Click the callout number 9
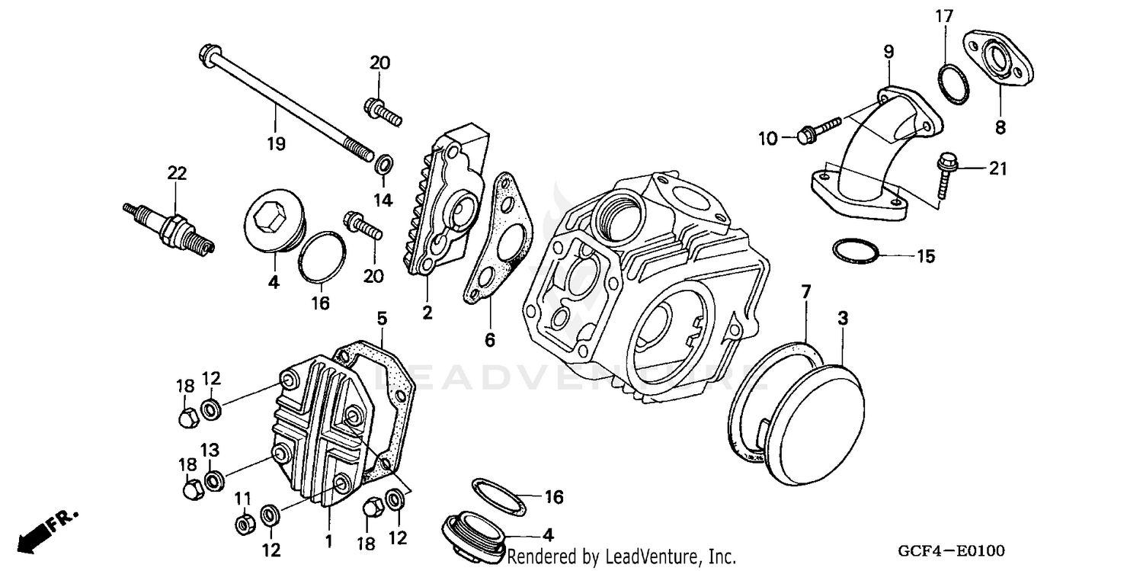point(888,52)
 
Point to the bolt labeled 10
point(815,130)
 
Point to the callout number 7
point(805,290)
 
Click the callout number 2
point(427,312)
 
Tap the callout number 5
point(382,317)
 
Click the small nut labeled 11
point(245,524)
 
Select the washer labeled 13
point(216,480)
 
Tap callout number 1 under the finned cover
point(328,542)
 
